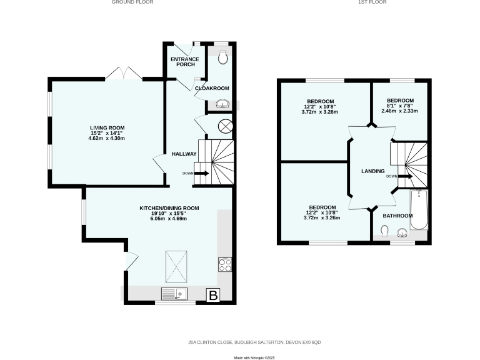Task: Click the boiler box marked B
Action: coord(213,295)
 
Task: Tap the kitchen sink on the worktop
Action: coord(176,293)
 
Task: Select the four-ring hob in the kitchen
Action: coord(225,264)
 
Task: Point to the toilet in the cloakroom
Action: coord(224,58)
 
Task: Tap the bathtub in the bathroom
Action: coord(419,210)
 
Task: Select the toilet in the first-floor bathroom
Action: coord(384,232)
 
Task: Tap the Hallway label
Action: coord(185,154)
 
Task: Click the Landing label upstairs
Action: coord(372,171)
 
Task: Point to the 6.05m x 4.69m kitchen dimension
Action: coord(168,219)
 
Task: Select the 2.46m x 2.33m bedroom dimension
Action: coord(399,111)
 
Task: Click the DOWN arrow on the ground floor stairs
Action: coord(201,173)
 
